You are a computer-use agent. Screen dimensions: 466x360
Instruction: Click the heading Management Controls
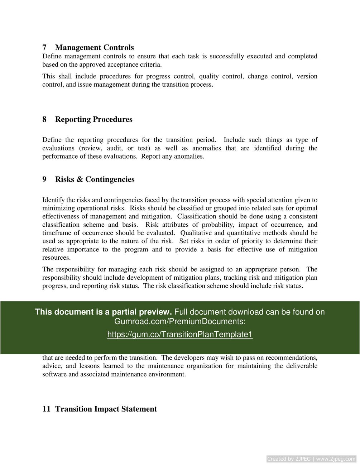click(95, 48)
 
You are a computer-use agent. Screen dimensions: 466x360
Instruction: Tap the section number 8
click(44, 119)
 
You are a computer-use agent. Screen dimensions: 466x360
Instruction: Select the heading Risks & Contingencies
click(95, 179)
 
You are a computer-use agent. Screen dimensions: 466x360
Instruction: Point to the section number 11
click(46, 409)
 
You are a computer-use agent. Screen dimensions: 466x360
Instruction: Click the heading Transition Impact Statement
click(106, 409)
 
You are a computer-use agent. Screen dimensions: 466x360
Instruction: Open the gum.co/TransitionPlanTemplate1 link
click(180, 335)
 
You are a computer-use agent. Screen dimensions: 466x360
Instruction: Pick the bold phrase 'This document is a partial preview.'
click(104, 312)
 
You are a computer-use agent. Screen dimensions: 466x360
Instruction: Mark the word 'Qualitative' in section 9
click(196, 233)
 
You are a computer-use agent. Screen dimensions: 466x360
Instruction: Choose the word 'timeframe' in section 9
click(56, 233)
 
